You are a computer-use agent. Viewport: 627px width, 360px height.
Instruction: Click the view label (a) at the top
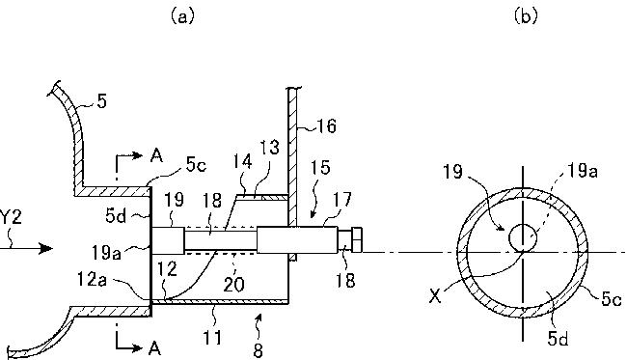[182, 16]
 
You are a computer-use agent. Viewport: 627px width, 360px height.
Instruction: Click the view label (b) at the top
[526, 16]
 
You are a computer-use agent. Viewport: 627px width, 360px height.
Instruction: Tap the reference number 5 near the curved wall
[102, 101]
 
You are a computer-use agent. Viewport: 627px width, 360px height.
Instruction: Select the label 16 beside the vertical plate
[326, 126]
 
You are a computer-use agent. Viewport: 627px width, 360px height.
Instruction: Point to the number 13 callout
[270, 148]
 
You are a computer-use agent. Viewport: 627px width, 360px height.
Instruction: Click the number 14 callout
[243, 161]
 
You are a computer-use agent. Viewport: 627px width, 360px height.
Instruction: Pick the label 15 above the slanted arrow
[320, 168]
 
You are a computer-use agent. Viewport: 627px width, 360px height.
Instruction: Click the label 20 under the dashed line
[233, 285]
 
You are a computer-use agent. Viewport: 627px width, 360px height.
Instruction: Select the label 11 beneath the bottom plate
[212, 338]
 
